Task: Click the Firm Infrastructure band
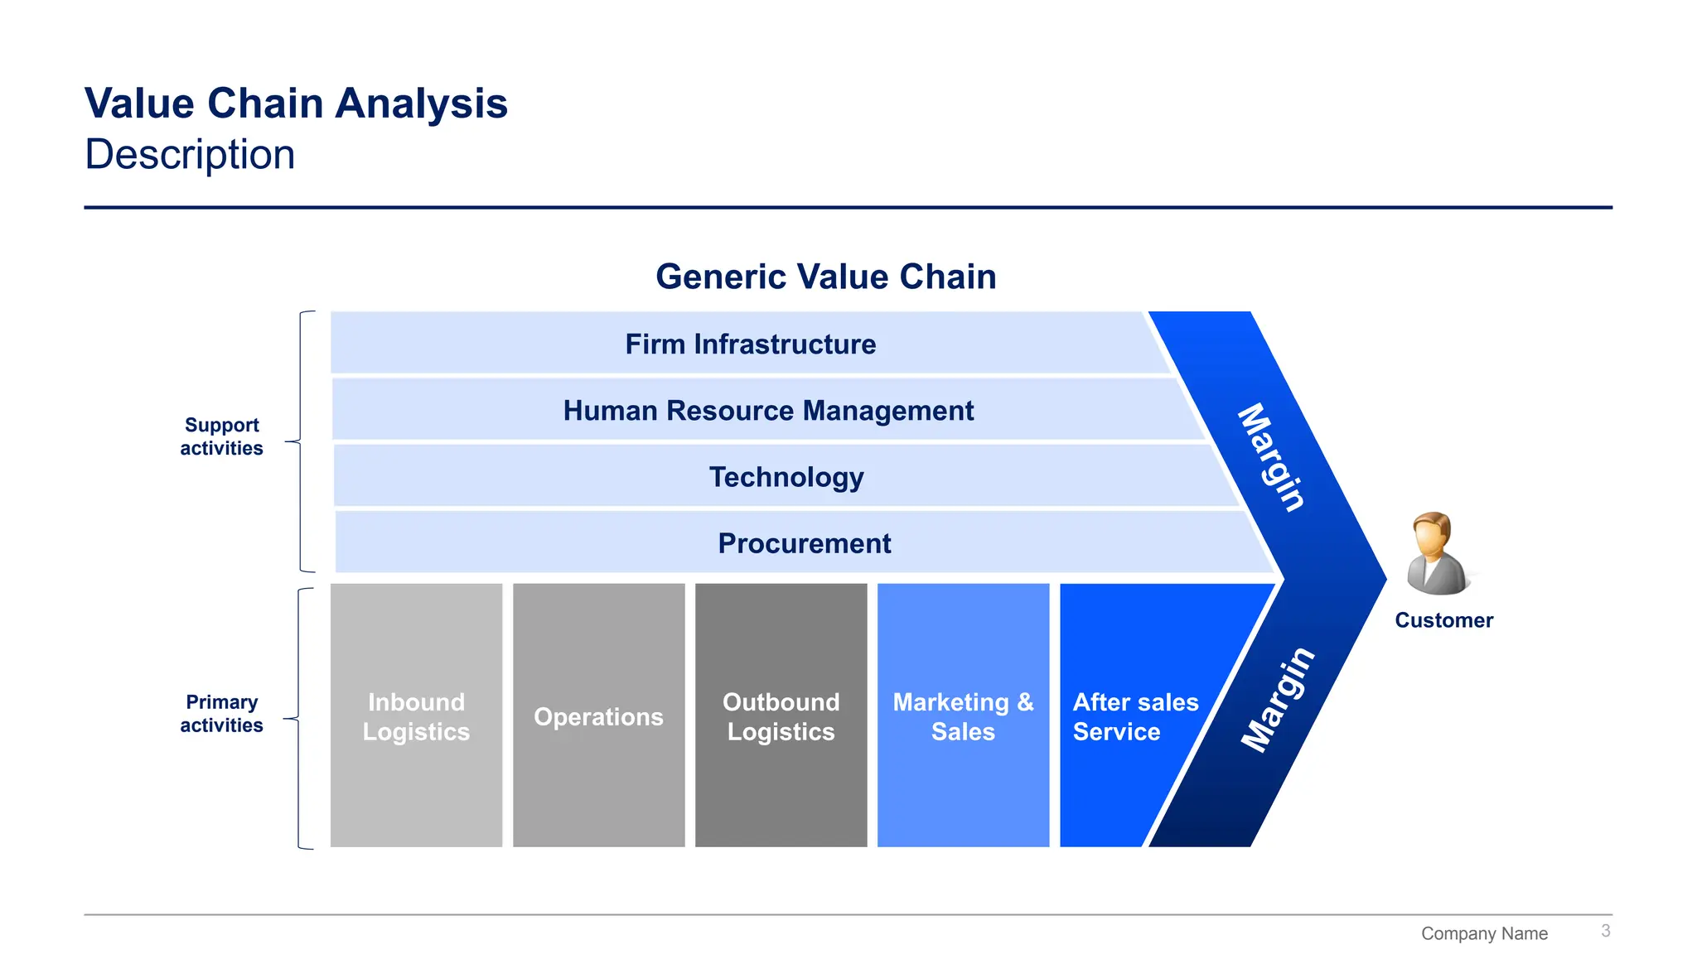click(x=750, y=344)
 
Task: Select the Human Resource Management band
click(x=767, y=410)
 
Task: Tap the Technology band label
click(x=786, y=477)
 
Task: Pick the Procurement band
click(x=804, y=543)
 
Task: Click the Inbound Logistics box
click(x=416, y=716)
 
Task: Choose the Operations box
click(x=598, y=716)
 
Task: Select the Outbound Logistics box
click(x=781, y=716)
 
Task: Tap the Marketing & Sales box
click(x=963, y=716)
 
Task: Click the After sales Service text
click(x=1134, y=716)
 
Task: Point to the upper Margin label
click(x=1272, y=457)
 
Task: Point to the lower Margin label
click(x=1277, y=701)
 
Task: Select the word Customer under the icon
click(x=1443, y=620)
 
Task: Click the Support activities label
click(x=221, y=436)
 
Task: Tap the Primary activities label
click(x=221, y=714)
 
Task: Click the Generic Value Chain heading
click(x=825, y=277)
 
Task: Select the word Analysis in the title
click(x=422, y=104)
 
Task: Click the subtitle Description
click(x=190, y=155)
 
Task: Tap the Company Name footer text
click(x=1484, y=933)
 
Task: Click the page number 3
click(x=1605, y=931)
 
